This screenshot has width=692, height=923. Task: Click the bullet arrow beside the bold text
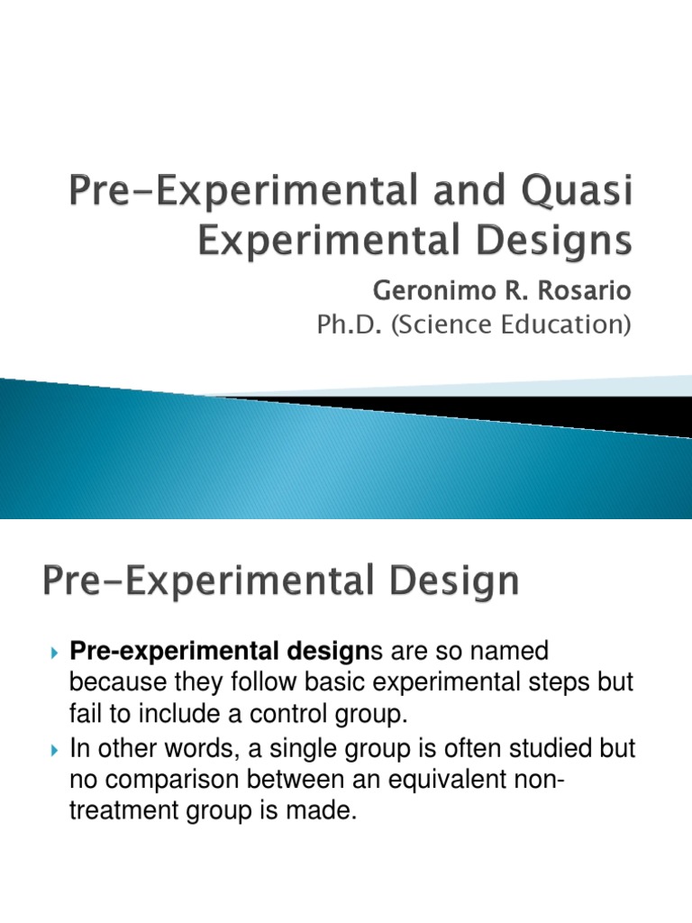(55, 652)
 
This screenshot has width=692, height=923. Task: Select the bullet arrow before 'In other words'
(55, 749)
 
